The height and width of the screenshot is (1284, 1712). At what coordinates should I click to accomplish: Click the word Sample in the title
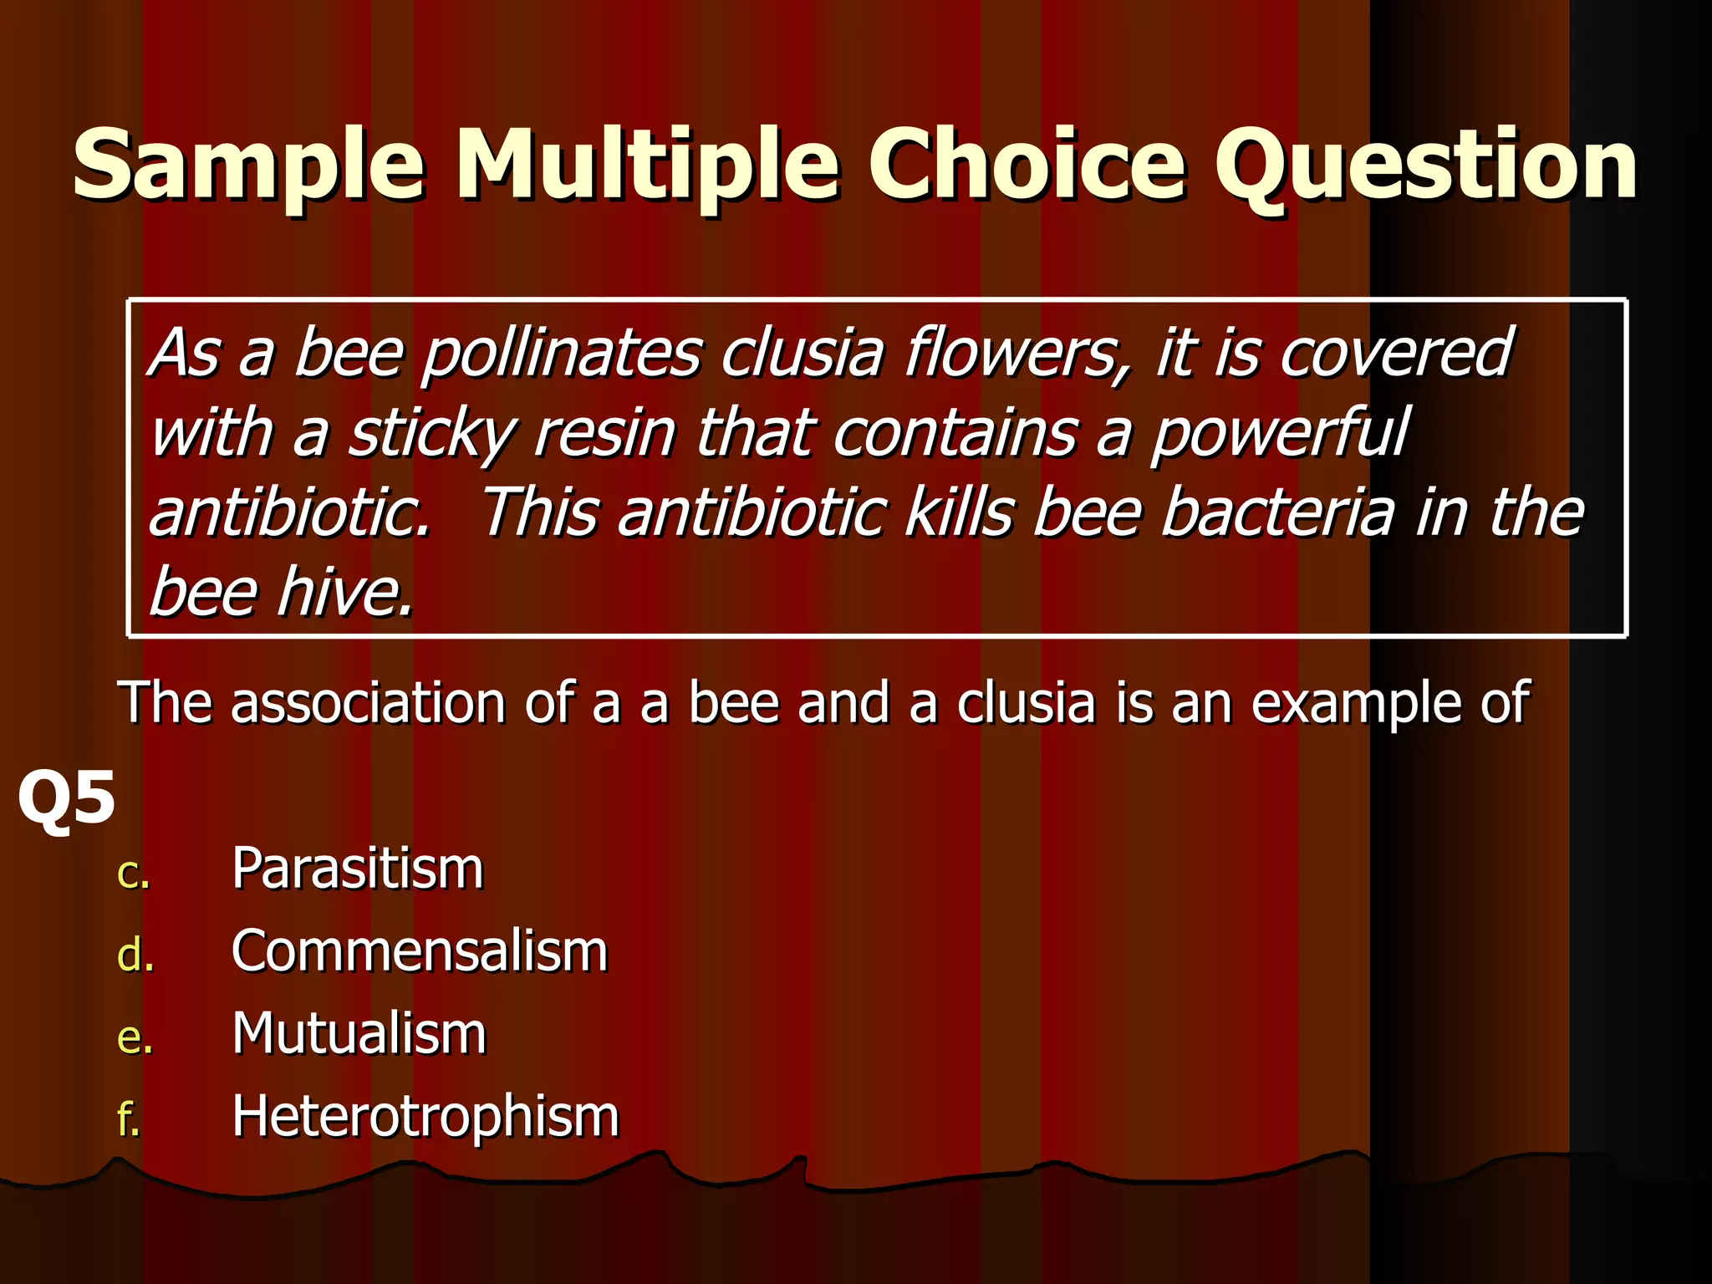[x=248, y=165]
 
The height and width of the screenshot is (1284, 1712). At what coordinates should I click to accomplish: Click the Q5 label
[x=66, y=798]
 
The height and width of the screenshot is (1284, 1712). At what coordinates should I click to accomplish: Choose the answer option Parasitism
[x=358, y=869]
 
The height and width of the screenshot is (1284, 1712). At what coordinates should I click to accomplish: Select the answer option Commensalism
[x=420, y=951]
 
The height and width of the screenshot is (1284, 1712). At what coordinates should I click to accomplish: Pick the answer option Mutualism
[x=359, y=1034]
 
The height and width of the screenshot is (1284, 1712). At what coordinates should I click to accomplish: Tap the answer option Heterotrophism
[x=425, y=1117]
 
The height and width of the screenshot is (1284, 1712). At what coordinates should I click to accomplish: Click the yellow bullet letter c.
[x=133, y=874]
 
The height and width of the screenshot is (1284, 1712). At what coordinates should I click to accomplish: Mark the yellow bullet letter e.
[x=135, y=1038]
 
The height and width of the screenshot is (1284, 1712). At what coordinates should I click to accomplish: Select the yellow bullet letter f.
[x=128, y=1119]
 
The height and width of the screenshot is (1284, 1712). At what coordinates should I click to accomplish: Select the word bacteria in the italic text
[x=1278, y=512]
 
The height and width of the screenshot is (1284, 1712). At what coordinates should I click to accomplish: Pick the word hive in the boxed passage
[x=344, y=592]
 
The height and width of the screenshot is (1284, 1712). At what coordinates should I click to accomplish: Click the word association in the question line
[x=368, y=703]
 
